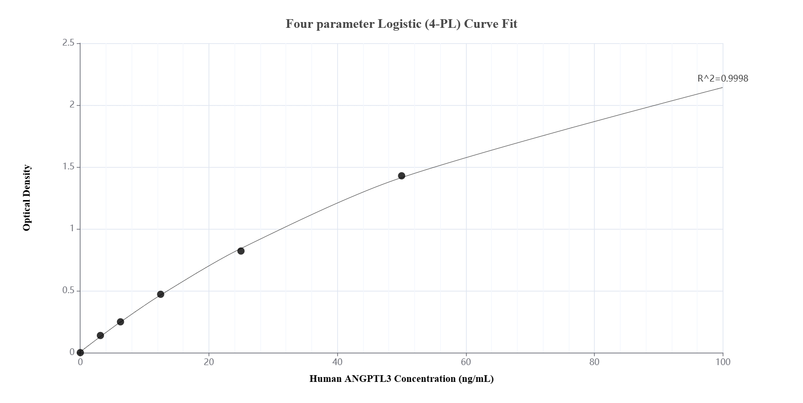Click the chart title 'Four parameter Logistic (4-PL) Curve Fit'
pyautogui.click(x=401, y=24)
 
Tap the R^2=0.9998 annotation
pyautogui.click(x=722, y=78)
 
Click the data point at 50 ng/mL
pyautogui.click(x=401, y=176)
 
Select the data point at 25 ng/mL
pyautogui.click(x=241, y=251)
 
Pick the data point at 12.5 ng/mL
pyautogui.click(x=161, y=294)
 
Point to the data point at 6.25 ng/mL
pyautogui.click(x=120, y=322)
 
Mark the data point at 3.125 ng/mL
pyautogui.click(x=100, y=335)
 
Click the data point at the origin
pyautogui.click(x=80, y=353)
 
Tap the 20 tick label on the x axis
pyautogui.click(x=209, y=362)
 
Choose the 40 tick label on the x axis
pyautogui.click(x=337, y=362)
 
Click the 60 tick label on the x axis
pyautogui.click(x=466, y=362)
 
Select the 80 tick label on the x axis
pyautogui.click(x=594, y=362)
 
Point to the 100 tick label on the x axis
pyautogui.click(x=722, y=362)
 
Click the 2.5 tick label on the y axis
pyautogui.click(x=68, y=43)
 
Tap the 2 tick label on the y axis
pyautogui.click(x=72, y=105)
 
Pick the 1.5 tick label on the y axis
pyautogui.click(x=68, y=167)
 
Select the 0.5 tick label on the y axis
pyautogui.click(x=68, y=291)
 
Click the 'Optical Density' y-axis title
pyautogui.click(x=27, y=198)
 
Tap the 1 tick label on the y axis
pyautogui.click(x=72, y=229)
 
